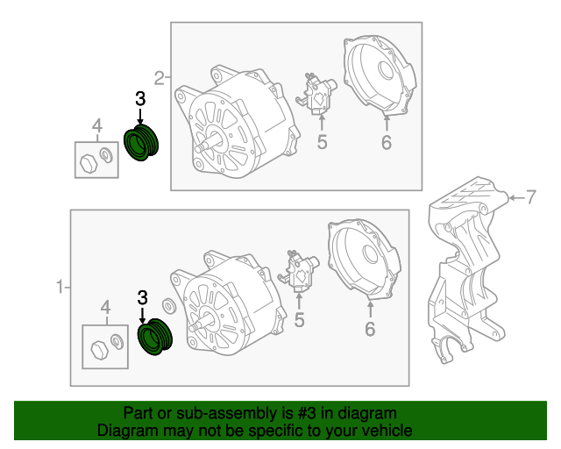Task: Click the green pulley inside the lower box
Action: (155, 337)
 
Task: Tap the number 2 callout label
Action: (160, 78)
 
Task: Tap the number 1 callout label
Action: (60, 287)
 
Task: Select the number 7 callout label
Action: (531, 197)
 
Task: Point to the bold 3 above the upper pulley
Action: (140, 98)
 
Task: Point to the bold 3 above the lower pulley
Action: (142, 297)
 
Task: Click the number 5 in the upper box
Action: (322, 142)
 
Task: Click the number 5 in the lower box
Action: (299, 320)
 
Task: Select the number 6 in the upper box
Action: (387, 143)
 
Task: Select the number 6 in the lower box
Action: (370, 329)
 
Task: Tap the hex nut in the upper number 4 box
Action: (89, 164)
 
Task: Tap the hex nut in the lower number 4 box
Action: (99, 350)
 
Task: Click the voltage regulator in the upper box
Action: (316, 94)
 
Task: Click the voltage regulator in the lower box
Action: (299, 271)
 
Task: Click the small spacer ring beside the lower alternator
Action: (169, 306)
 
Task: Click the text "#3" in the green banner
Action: (307, 414)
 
